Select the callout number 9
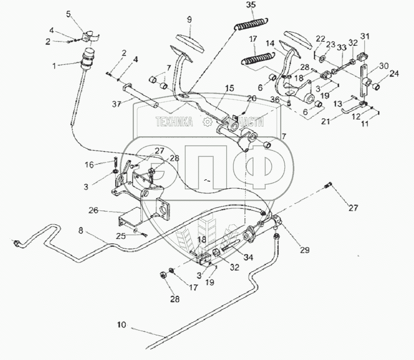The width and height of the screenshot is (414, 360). (x=189, y=20)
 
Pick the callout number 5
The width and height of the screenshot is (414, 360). (x=69, y=15)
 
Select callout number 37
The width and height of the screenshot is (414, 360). (x=117, y=105)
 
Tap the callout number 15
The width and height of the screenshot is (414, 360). (x=230, y=88)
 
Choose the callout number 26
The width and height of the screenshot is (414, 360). (x=93, y=211)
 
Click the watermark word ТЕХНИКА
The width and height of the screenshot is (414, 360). (x=174, y=122)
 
